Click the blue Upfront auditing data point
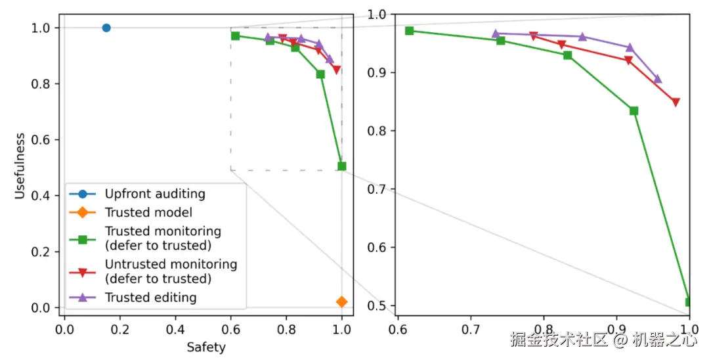[106, 28]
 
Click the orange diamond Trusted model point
[341, 302]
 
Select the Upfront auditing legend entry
[155, 194]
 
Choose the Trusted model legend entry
[148, 213]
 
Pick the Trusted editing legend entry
[150, 298]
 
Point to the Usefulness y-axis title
[21, 166]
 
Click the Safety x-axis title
[205, 348]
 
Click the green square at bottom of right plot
[689, 302]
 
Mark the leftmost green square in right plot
[409, 31]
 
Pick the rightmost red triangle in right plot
[676, 102]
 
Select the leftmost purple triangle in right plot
[496, 34]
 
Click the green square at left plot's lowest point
[341, 166]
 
